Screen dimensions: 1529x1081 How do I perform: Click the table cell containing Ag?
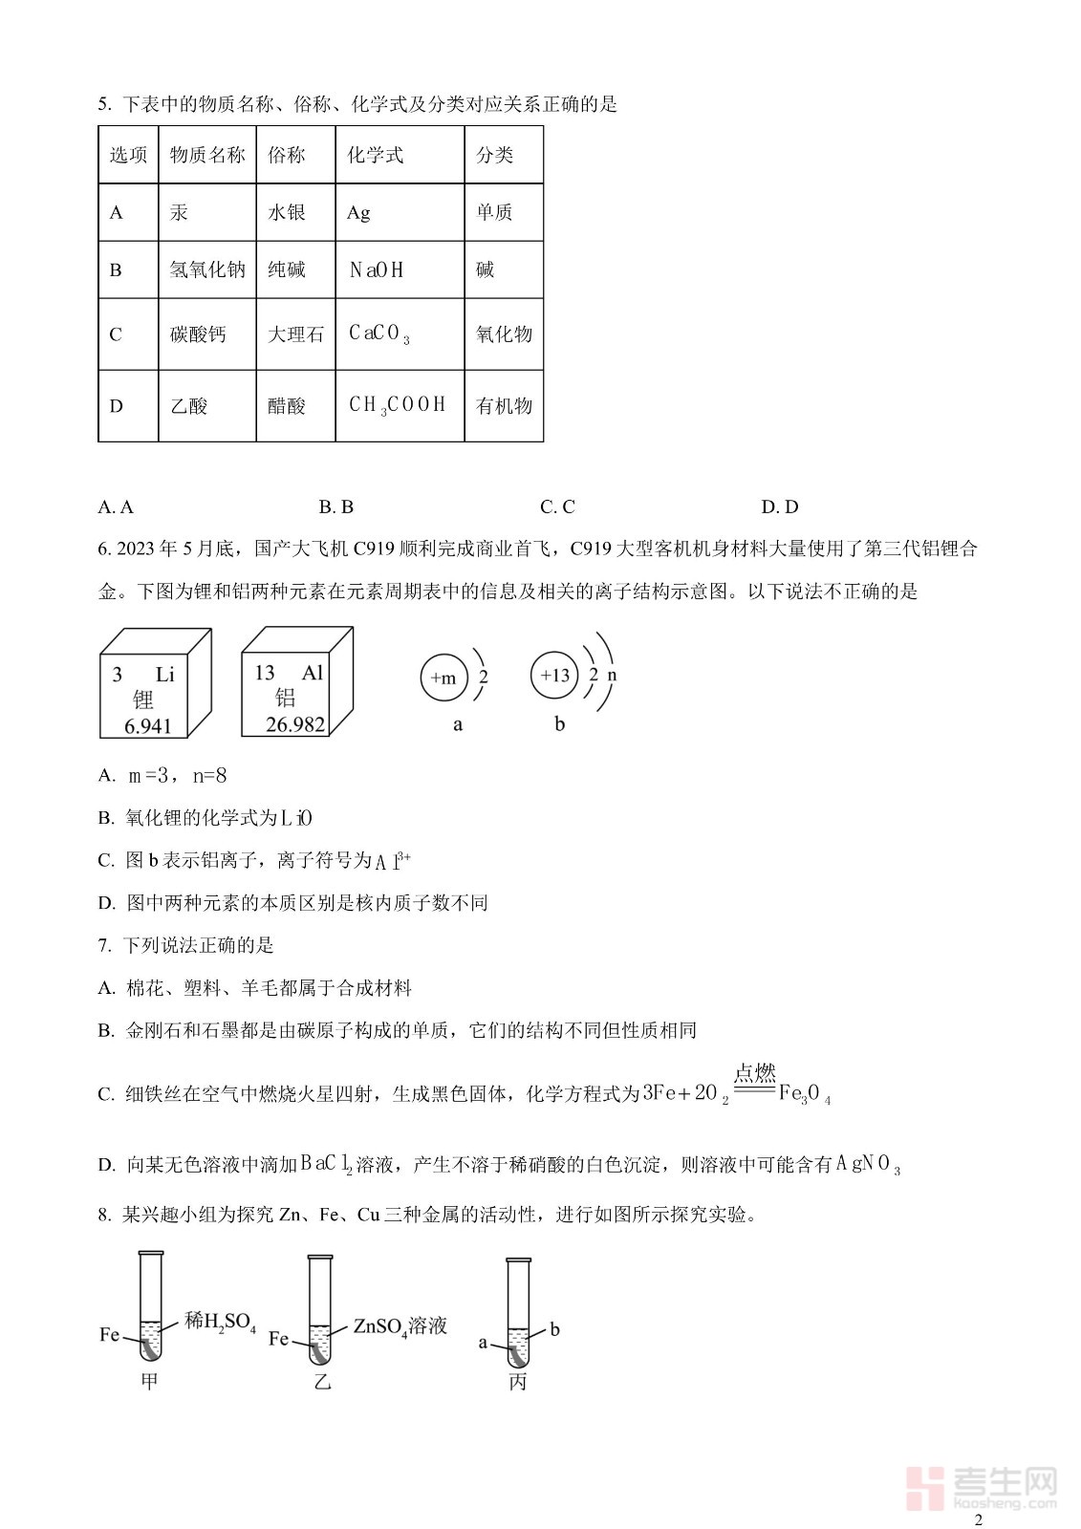pos(400,212)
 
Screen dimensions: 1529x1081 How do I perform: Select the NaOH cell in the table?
pos(400,270)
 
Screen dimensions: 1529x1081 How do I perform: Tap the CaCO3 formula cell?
pos(400,334)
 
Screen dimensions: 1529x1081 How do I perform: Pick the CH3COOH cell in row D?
pos(400,405)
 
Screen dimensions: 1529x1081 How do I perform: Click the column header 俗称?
pos(295,155)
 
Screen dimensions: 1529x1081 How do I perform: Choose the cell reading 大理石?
pos(295,334)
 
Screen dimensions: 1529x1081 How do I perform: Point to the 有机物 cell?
pos(504,405)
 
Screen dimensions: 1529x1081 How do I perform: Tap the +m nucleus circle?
pos(443,678)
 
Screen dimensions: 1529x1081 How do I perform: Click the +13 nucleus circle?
pos(554,676)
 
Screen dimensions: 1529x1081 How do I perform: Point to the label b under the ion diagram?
pos(559,724)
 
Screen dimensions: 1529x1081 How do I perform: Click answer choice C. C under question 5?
pos(557,506)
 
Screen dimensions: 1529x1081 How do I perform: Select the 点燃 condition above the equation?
pos(754,1072)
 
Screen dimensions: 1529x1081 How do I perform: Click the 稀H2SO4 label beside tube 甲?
pos(220,1322)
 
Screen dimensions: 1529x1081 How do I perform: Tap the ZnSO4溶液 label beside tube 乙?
pos(400,1326)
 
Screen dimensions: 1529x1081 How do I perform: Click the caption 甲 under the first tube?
pos(149,1381)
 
